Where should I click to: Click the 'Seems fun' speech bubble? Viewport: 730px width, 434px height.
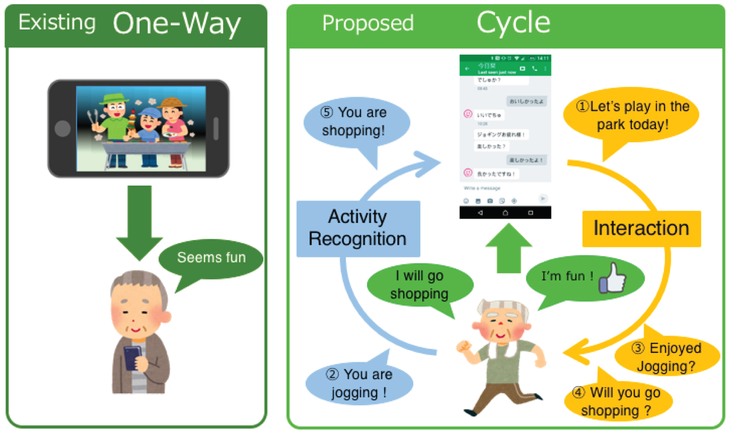(x=211, y=258)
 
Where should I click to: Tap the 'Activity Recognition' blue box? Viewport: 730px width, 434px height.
(x=358, y=228)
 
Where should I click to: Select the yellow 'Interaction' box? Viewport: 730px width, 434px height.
(x=641, y=228)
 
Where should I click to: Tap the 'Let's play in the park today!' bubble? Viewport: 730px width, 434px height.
(x=631, y=116)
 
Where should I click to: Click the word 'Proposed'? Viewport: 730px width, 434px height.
(x=368, y=23)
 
